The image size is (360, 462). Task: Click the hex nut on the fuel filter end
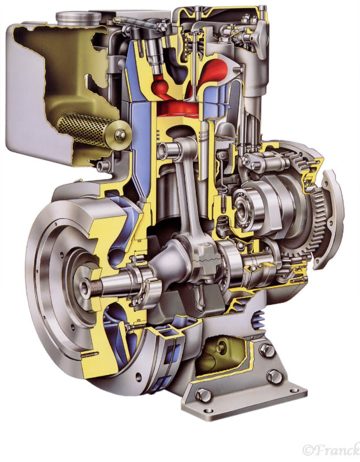click(120, 135)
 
